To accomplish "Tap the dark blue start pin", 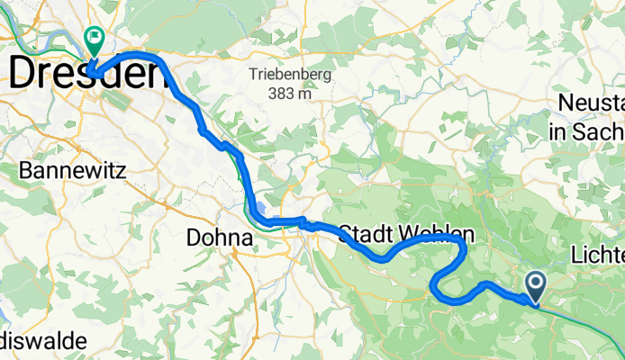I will click(535, 288).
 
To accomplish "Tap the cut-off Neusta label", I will click(591, 103).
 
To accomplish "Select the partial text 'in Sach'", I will click(586, 131).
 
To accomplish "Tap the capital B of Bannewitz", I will click(25, 169).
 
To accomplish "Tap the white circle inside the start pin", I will click(535, 283).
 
